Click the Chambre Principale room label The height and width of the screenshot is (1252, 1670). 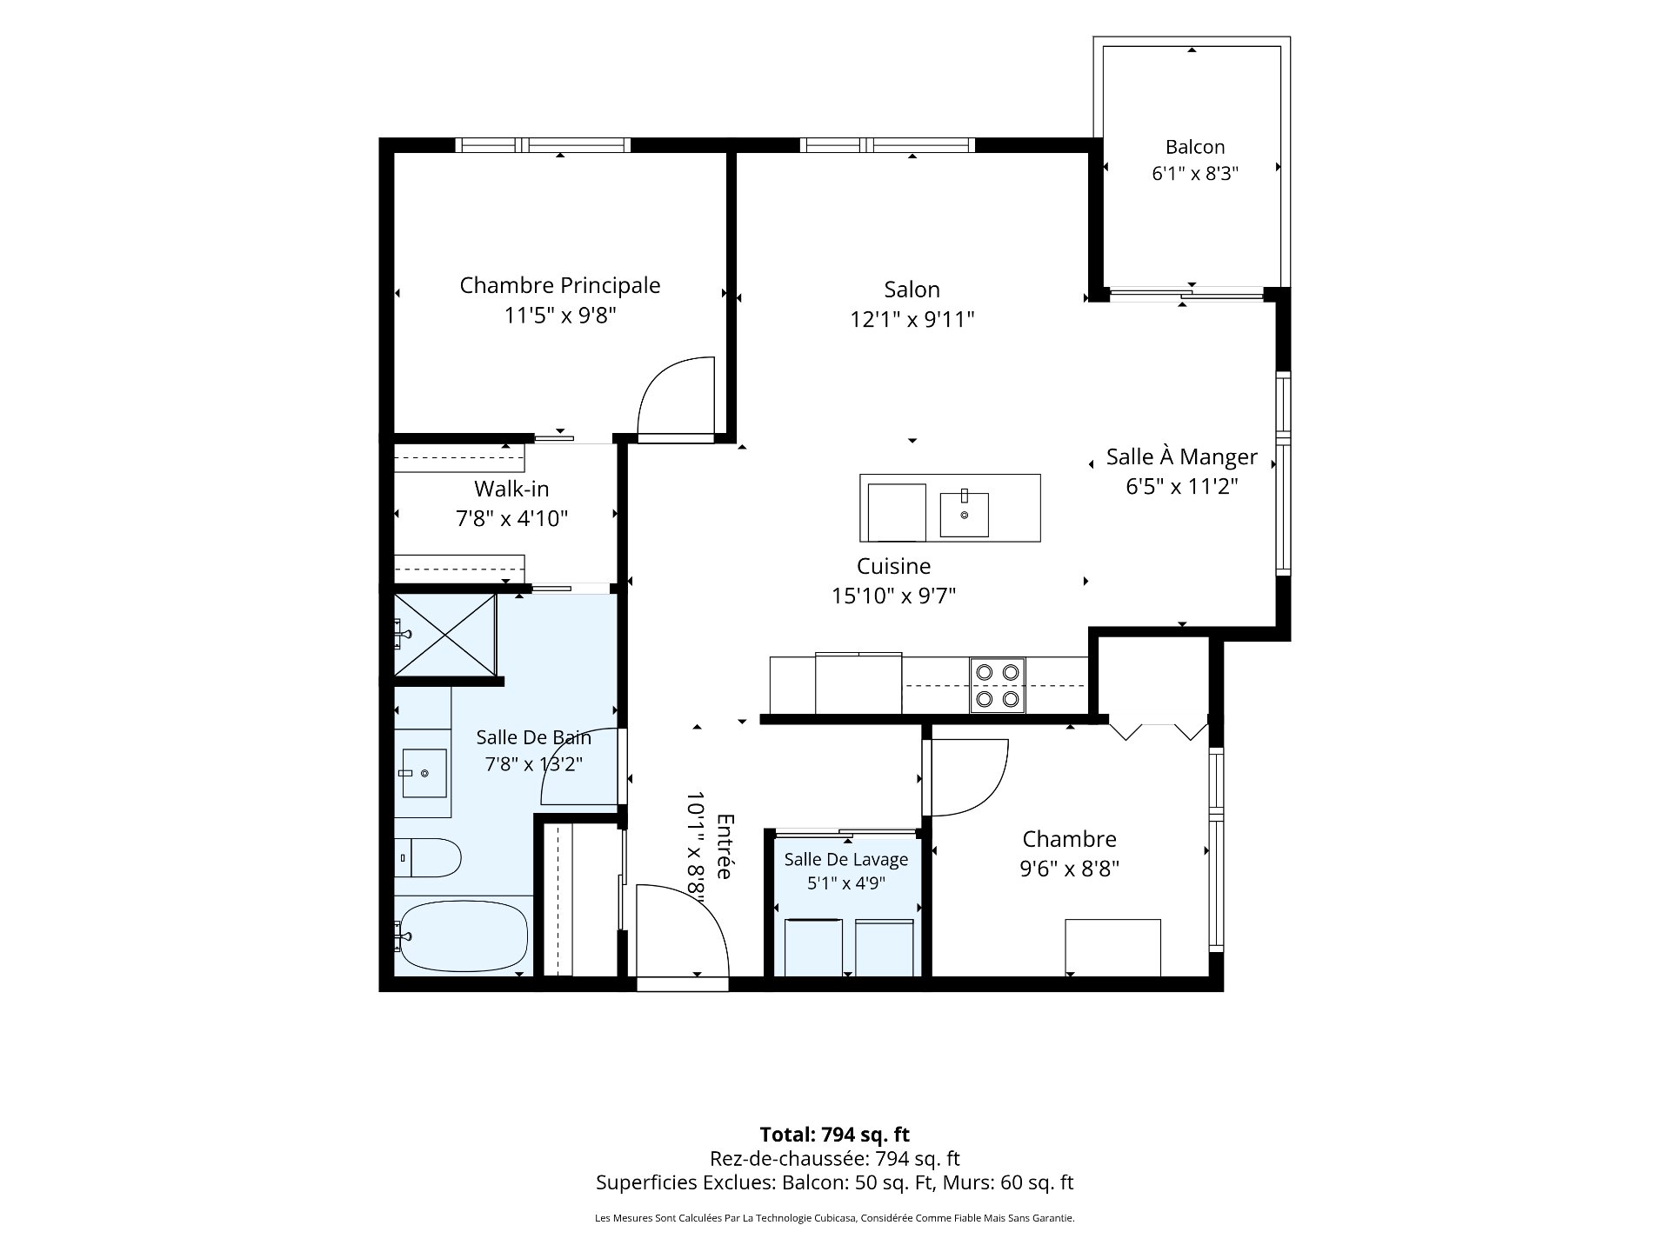tap(560, 285)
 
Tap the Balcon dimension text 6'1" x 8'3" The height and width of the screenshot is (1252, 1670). tap(1195, 174)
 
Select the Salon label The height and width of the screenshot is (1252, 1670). tap(912, 290)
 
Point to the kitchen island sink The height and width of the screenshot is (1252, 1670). tap(964, 514)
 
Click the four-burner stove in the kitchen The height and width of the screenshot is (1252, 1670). tap(998, 685)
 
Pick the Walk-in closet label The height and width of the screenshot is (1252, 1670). tap(511, 489)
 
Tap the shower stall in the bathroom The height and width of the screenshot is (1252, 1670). tap(445, 635)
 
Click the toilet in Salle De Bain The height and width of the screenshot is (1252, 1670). tap(427, 858)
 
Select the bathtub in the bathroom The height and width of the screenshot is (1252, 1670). tap(462, 937)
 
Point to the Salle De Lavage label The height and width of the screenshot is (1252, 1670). tap(846, 859)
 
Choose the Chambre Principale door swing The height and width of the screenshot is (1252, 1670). tap(677, 395)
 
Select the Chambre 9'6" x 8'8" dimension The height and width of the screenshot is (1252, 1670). tap(1070, 869)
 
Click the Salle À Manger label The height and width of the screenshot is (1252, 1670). tap(1182, 456)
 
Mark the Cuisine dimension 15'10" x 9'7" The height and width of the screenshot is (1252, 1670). tap(894, 596)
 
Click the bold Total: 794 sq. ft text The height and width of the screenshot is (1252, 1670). tap(835, 1135)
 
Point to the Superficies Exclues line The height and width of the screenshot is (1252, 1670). tap(835, 1182)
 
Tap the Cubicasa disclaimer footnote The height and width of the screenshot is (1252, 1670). tap(835, 1218)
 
